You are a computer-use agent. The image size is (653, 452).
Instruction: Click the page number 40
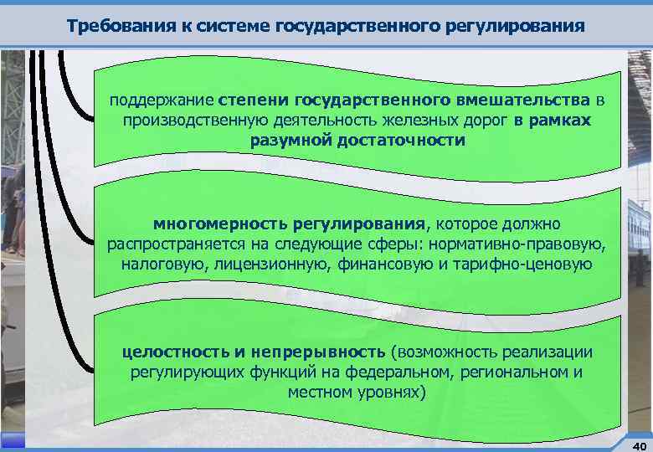pos(639,444)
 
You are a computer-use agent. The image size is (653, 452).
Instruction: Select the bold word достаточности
pos(401,139)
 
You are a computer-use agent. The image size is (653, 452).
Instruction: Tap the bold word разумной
pos(290,139)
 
